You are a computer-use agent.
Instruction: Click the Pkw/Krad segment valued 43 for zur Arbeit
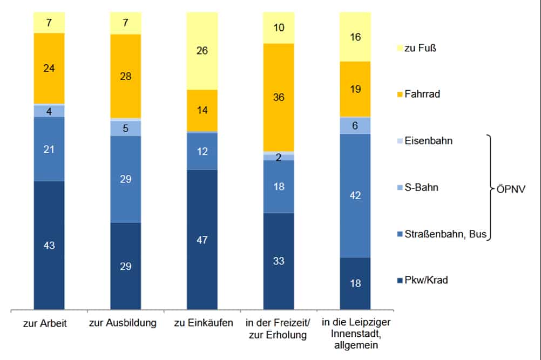pos(49,245)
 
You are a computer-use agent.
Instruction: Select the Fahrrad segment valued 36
pos(279,98)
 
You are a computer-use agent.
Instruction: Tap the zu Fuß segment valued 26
pos(202,51)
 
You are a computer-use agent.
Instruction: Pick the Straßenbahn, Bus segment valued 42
pos(355,195)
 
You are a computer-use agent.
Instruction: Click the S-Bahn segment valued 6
pos(355,125)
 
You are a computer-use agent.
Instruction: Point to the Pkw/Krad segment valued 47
pos(202,240)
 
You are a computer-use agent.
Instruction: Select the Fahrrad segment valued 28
pos(125,76)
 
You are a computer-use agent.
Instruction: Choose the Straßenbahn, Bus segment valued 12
pos(202,152)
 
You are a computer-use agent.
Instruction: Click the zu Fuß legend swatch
pos(400,48)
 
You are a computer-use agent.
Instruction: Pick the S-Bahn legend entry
pos(421,188)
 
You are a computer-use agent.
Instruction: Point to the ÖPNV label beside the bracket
pos(511,190)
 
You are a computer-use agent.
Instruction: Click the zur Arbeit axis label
pos(49,323)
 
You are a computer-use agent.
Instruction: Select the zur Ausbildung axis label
pos(125,323)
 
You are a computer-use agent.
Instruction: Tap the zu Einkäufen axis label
pos(202,323)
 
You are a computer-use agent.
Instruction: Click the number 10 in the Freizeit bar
pos(279,28)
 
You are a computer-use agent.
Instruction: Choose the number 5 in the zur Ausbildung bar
pos(125,128)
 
